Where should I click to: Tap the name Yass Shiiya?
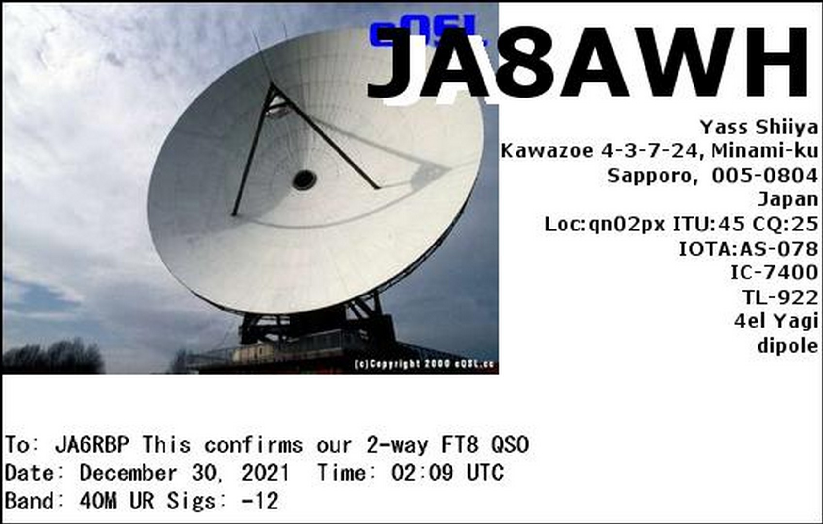758,128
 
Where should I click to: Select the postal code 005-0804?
765,176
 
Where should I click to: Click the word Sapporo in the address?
650,177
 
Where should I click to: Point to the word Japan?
788,200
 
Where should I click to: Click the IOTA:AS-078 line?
748,249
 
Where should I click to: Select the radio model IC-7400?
774,273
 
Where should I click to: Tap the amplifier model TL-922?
780,297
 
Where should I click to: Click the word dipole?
788,346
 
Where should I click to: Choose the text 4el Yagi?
776,322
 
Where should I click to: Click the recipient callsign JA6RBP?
92,444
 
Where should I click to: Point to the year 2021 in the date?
265,473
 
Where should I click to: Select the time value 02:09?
422,473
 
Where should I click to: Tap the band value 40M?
98,501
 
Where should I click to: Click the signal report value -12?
260,501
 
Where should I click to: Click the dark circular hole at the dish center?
305,180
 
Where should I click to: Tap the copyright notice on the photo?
425,364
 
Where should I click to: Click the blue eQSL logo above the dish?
426,31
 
